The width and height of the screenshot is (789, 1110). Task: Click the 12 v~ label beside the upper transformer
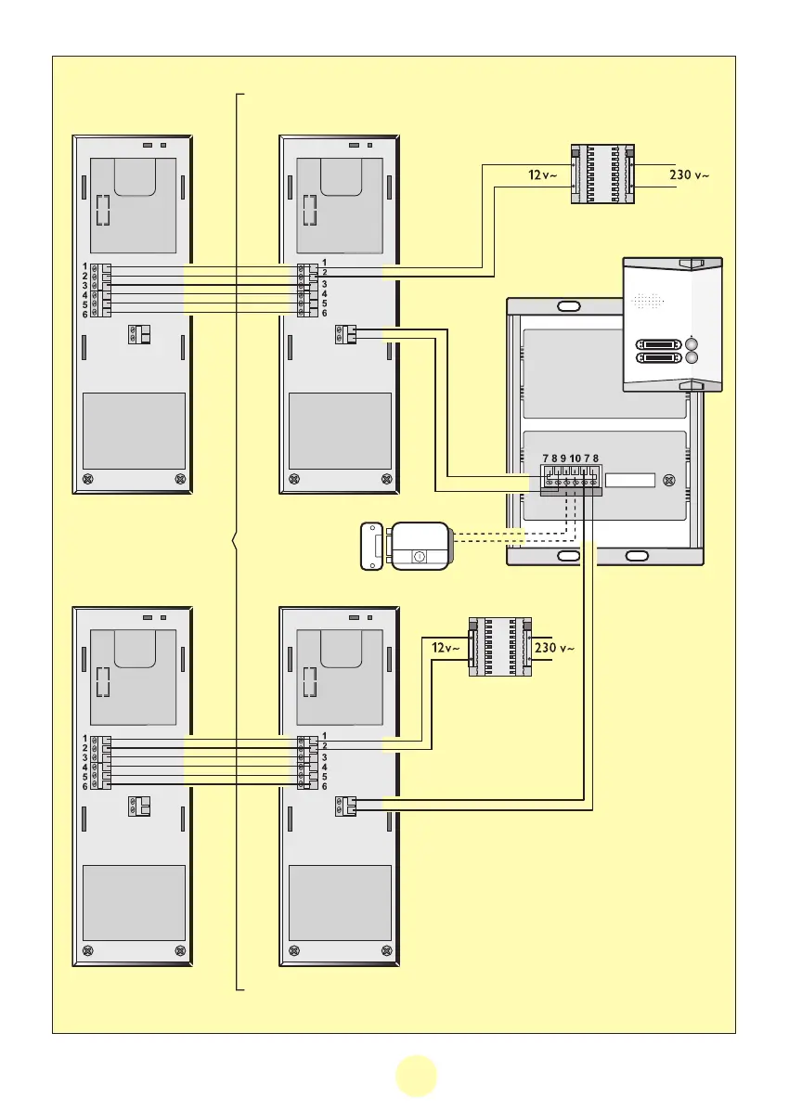pos(543,174)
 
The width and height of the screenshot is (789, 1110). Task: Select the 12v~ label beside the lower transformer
pos(446,647)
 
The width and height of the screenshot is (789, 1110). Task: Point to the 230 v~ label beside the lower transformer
pos(555,647)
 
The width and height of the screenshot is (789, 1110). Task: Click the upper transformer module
pos(601,173)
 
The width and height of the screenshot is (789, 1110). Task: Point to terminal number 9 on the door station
pos(563,458)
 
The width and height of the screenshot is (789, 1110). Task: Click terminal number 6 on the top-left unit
pos(84,314)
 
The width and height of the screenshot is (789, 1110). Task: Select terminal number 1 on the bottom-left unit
pos(84,737)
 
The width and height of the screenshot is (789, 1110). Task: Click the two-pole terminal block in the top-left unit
pos(139,335)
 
